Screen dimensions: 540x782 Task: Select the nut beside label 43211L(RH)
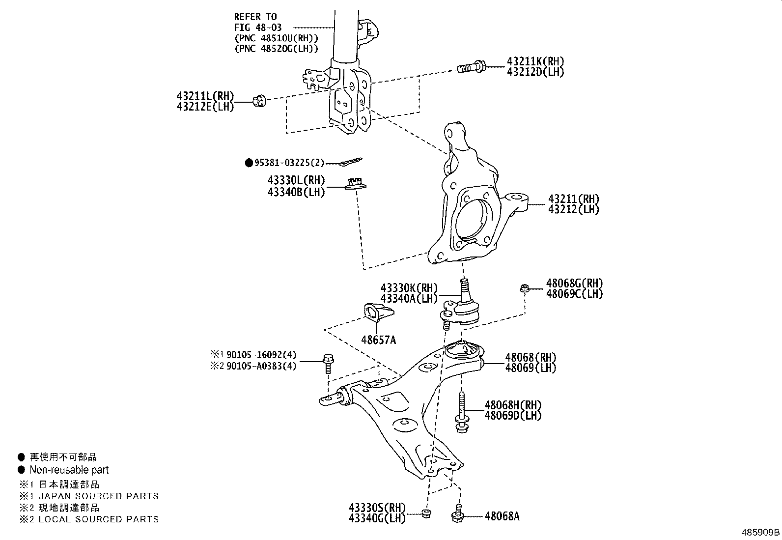pyautogui.click(x=258, y=102)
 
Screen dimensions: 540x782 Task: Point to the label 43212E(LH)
pyautogui.click(x=205, y=106)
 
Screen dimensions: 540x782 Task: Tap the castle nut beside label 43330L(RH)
pyautogui.click(x=356, y=184)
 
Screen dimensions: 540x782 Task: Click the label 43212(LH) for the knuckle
pyautogui.click(x=574, y=209)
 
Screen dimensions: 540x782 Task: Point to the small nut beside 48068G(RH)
pyautogui.click(x=525, y=288)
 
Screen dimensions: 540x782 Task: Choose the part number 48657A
pyautogui.click(x=378, y=339)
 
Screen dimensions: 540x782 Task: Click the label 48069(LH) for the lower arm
pyautogui.click(x=531, y=368)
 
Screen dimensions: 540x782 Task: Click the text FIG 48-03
pyautogui.click(x=258, y=28)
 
